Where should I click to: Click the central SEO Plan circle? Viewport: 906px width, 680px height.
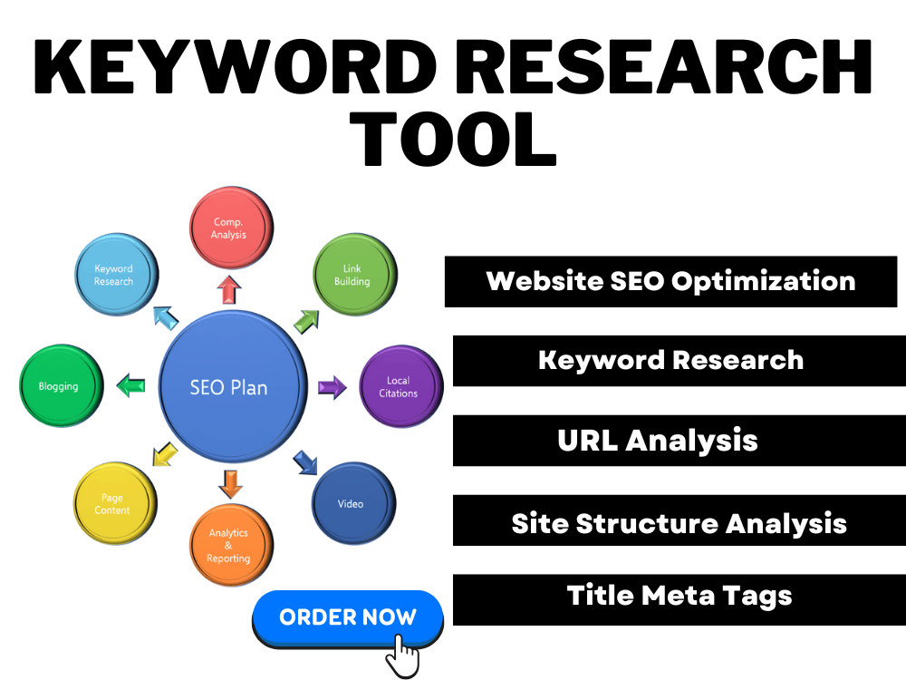[x=232, y=386]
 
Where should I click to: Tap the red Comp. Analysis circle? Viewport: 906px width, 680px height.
[x=231, y=228]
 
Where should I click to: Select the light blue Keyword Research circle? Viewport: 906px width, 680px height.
[x=116, y=275]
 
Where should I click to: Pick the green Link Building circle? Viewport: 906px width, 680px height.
[x=355, y=275]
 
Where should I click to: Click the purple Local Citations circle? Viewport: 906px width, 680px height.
[x=401, y=386]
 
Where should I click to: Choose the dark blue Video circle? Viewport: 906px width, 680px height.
[x=353, y=503]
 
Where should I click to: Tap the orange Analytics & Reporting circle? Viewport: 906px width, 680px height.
[x=231, y=545]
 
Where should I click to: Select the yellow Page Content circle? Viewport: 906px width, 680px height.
[x=115, y=503]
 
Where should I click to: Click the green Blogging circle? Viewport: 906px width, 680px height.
[x=62, y=385]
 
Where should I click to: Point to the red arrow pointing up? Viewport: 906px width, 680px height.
[x=229, y=290]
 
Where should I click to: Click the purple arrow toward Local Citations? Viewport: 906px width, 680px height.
[x=333, y=387]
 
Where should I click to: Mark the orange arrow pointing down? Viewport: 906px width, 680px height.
[x=230, y=484]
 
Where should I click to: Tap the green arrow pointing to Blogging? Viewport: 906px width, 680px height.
[x=131, y=385]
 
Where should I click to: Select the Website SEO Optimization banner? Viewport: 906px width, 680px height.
[x=670, y=282]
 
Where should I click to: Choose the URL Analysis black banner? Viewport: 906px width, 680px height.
[x=679, y=441]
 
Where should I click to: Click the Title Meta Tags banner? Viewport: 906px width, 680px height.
[x=679, y=599]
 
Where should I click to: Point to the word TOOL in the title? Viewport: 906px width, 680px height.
[x=453, y=140]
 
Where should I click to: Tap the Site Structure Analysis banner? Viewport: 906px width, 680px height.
[x=679, y=520]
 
